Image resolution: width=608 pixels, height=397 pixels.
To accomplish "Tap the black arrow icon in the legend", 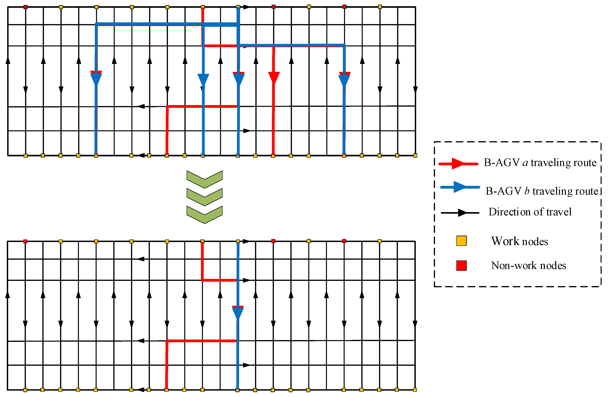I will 462,213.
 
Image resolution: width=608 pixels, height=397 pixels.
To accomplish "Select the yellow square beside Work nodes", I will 461,241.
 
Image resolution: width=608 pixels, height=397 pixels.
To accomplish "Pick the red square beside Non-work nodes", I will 461,266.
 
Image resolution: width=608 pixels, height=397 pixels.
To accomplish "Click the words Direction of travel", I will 530,212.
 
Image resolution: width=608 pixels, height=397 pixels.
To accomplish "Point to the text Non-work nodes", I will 528,266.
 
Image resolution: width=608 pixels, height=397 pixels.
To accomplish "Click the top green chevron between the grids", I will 204,179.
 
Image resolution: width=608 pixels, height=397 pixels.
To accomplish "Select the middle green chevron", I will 204,197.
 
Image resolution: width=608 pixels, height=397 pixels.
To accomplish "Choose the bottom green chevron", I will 204,215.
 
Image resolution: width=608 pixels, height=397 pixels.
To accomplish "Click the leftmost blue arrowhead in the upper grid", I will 96,79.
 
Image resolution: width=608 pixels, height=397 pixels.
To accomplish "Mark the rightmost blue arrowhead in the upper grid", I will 344,80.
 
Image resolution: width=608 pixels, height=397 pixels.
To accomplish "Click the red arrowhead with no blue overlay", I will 274,78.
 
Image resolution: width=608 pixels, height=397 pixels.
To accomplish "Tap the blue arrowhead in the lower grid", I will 238,313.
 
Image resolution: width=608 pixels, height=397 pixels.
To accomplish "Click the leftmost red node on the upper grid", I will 25,7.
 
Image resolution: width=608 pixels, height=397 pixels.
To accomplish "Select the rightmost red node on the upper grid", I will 344,7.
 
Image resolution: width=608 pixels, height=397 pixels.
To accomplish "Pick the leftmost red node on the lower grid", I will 25,241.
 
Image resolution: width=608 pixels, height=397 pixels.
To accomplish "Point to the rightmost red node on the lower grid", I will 344,241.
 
